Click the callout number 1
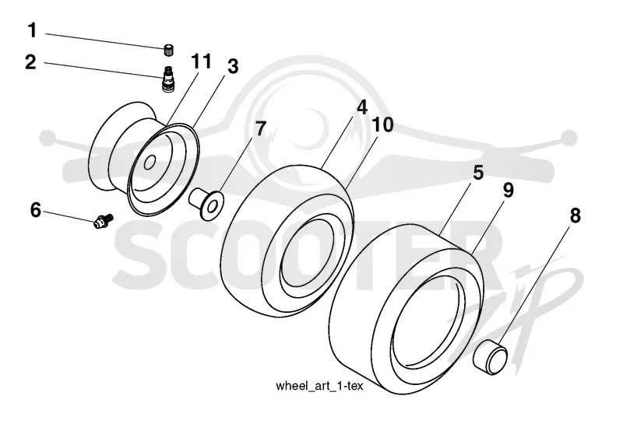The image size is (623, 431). coord(32,30)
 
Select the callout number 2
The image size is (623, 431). coord(30,62)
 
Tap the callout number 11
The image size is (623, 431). coord(202,61)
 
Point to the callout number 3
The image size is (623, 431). coord(233,66)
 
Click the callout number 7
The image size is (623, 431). coord(260,128)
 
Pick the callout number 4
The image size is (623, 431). coord(362,107)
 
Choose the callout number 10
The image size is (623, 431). coord(382,124)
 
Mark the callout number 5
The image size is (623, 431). coord(478,173)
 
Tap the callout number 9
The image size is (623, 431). coord(509,190)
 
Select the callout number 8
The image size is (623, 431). coord(575,215)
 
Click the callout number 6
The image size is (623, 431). coord(36,210)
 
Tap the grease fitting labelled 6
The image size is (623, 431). coord(104,221)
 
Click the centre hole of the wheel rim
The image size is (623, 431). coord(150,163)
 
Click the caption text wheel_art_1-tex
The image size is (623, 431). coord(319,386)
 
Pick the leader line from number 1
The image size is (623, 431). coord(105,41)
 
